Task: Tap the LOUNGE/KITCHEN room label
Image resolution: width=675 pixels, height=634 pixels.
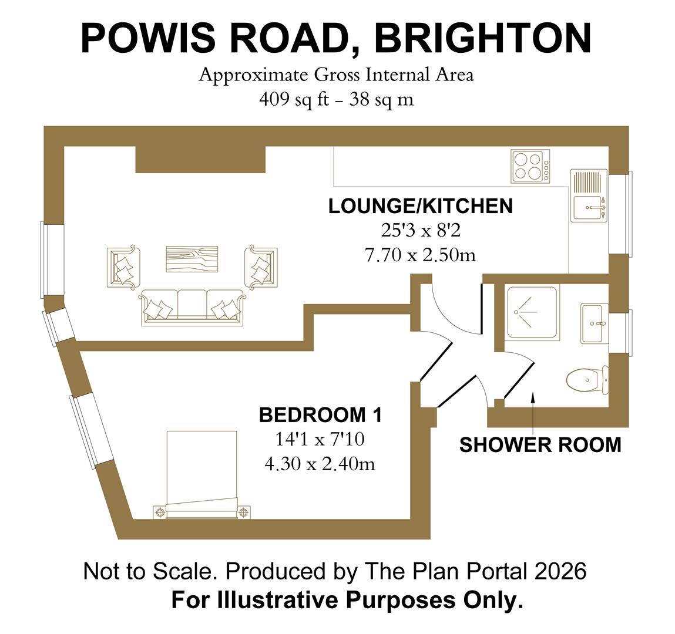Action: click(x=420, y=206)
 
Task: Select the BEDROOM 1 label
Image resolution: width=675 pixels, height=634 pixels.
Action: click(x=320, y=415)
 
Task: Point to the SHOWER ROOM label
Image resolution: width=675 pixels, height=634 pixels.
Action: click(x=540, y=445)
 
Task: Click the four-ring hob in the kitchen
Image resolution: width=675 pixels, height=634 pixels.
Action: click(x=530, y=166)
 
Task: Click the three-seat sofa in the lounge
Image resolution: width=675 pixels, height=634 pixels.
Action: click(x=192, y=306)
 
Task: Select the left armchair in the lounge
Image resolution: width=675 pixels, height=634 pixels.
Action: click(x=125, y=267)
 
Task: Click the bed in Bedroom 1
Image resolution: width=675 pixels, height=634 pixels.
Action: click(x=202, y=473)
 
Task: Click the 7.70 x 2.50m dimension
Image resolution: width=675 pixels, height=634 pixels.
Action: click(x=420, y=255)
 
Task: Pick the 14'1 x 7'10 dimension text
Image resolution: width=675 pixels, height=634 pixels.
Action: click(x=320, y=440)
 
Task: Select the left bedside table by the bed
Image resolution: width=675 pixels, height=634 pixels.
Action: click(x=159, y=512)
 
